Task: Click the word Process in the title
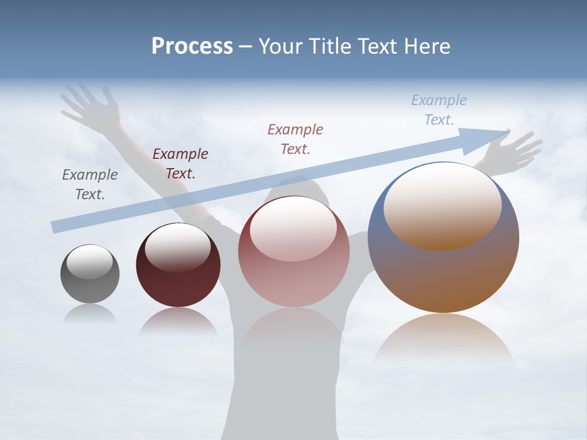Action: pos(192,46)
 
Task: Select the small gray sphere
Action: pos(90,274)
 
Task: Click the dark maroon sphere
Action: pos(178,265)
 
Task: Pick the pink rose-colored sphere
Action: pos(293,252)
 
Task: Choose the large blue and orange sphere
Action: pos(443,238)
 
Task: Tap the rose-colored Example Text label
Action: pos(295,139)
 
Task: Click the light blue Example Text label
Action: pos(439,109)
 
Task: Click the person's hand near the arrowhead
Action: pos(517,150)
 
